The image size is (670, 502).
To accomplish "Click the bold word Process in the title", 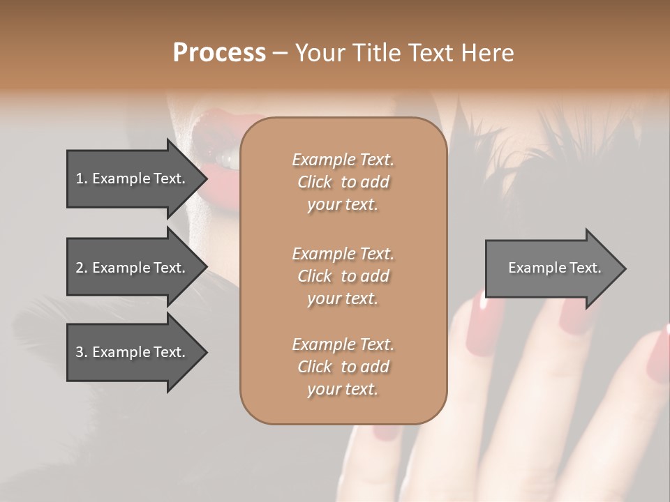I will pyautogui.click(x=219, y=52).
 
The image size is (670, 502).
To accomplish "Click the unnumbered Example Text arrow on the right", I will pyautogui.click(x=554, y=268).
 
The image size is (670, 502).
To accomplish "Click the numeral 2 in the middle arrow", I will pyautogui.click(x=80, y=268).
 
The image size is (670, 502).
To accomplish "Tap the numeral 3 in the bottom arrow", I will pyautogui.click(x=80, y=352).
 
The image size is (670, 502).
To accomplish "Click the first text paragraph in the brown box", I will pyautogui.click(x=343, y=182).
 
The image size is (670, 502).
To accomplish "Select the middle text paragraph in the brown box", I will pyautogui.click(x=343, y=275).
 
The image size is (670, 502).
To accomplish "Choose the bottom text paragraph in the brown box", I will pyautogui.click(x=343, y=367).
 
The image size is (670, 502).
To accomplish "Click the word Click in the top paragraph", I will pyautogui.click(x=315, y=182).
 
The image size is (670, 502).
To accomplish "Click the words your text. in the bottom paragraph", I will pyautogui.click(x=343, y=389).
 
